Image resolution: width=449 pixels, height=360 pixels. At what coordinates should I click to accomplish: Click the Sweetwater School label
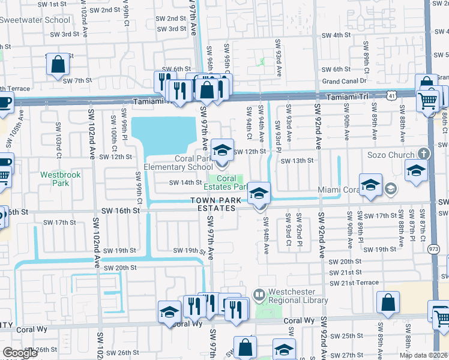tap(35, 20)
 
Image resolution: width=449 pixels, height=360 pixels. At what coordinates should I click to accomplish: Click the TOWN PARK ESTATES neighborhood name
tap(214, 204)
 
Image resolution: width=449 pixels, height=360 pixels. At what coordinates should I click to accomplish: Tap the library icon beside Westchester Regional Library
tap(259, 295)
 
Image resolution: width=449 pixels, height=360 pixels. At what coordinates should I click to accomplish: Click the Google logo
tap(20, 353)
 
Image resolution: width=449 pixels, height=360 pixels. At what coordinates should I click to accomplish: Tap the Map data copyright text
tap(423, 355)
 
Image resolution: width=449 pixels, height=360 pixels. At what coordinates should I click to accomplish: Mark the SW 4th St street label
tap(336, 35)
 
